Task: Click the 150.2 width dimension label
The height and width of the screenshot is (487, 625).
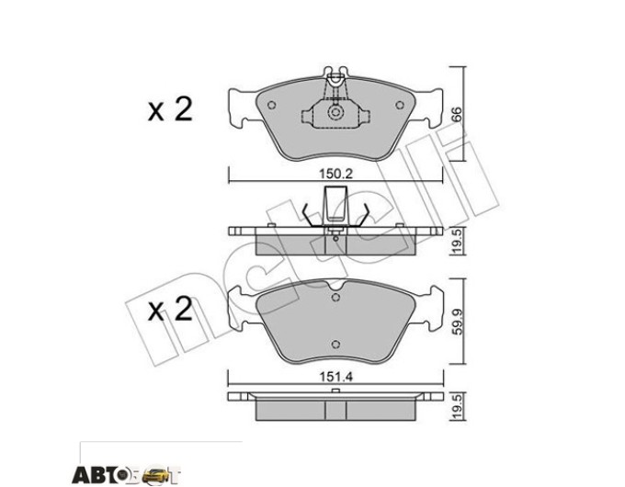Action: [x=336, y=174]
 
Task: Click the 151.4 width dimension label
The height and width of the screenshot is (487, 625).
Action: [x=336, y=377]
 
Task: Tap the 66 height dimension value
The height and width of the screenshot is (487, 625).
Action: [x=457, y=114]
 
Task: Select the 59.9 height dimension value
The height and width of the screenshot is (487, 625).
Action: [x=457, y=321]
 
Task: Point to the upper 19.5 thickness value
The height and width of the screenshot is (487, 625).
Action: [x=457, y=241]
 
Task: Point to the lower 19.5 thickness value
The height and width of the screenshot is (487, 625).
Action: [x=457, y=406]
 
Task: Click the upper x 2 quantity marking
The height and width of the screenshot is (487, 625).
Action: [x=170, y=109]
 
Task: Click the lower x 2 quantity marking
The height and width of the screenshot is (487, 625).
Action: [x=170, y=310]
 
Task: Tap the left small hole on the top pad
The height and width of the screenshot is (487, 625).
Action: [x=271, y=105]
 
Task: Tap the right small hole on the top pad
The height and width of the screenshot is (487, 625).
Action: [x=400, y=105]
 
